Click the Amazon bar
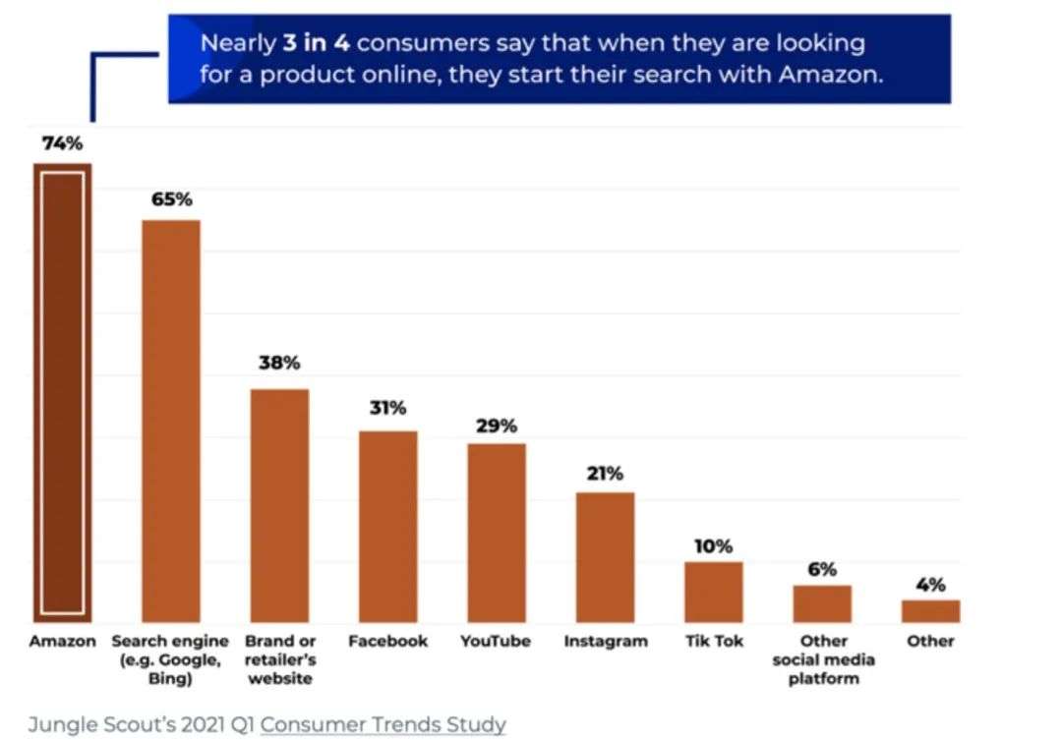[63, 393]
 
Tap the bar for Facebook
[387, 527]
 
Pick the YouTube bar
[496, 533]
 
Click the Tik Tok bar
[713, 593]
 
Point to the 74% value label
[62, 143]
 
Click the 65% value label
[171, 199]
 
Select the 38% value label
[279, 364]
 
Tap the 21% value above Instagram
[605, 474]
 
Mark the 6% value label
[822, 569]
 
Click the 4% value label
[930, 585]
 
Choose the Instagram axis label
[606, 642]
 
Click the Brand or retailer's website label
[280, 659]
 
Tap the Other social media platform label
[823, 659]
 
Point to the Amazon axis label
[62, 642]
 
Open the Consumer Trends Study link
[383, 725]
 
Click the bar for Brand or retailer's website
[279, 505]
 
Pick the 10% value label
[713, 546]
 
